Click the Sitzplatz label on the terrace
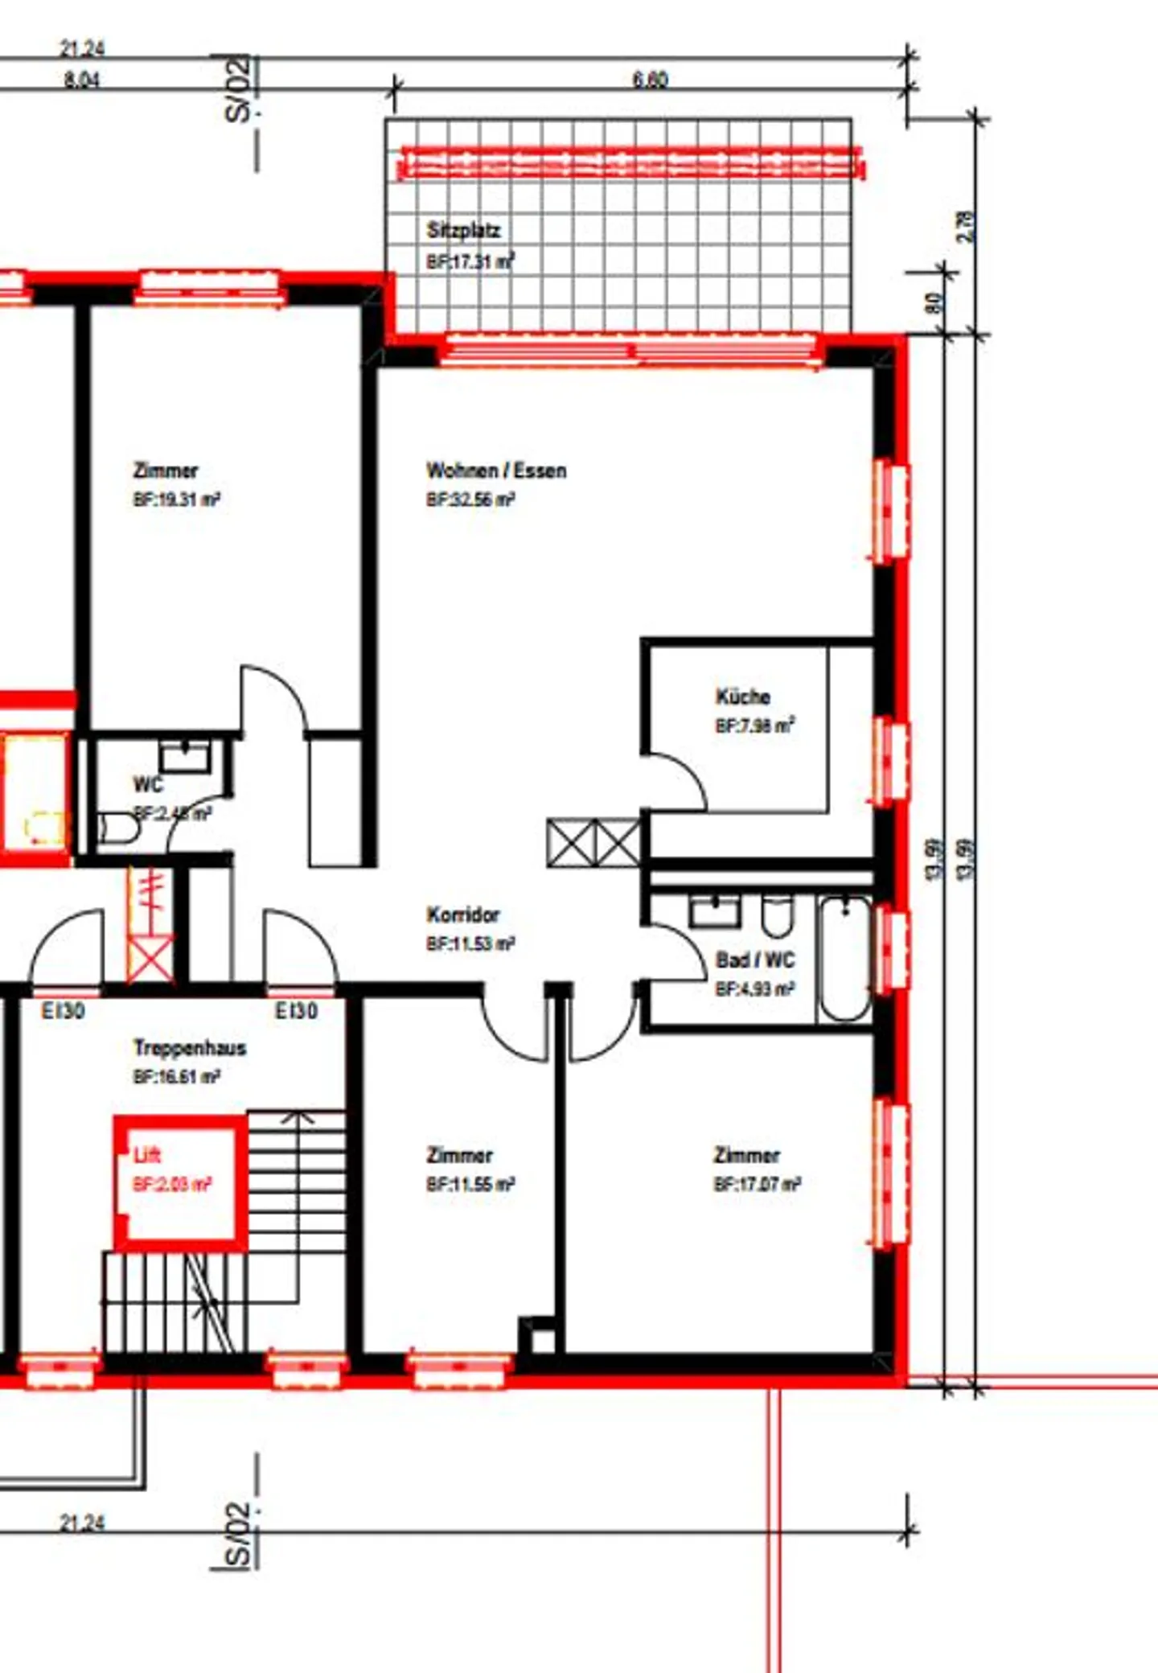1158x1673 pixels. point(463,230)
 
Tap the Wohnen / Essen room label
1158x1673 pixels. point(496,471)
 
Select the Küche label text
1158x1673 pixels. point(743,697)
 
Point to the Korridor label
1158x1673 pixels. point(463,915)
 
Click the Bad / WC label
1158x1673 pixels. point(755,960)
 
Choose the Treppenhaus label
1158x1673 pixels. point(190,1047)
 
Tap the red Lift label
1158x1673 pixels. point(147,1155)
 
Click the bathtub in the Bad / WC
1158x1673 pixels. point(844,958)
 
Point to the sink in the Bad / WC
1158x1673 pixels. point(715,910)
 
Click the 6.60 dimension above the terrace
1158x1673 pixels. point(650,79)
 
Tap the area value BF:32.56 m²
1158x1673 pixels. point(470,499)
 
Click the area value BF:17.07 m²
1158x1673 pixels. point(757,1184)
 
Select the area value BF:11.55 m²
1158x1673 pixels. point(470,1184)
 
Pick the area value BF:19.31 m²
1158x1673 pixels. point(177,499)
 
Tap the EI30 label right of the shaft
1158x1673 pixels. point(297,1011)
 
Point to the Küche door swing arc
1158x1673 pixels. point(684,776)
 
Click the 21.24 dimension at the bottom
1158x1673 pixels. point(82,1523)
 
